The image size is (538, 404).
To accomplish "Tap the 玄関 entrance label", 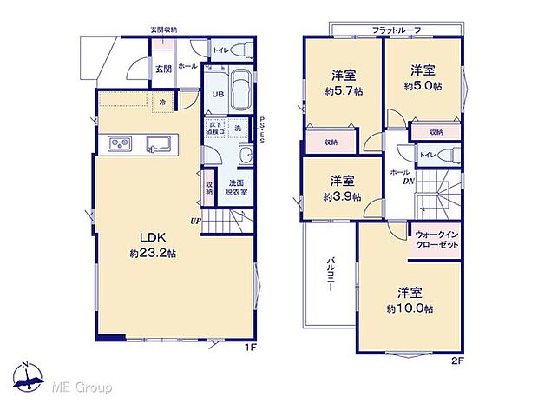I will pos(163,69).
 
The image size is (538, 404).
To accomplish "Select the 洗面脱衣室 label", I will pos(237,187).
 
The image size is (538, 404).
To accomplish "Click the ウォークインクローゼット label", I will pos(436,239).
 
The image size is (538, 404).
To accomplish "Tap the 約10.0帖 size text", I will pos(410,308).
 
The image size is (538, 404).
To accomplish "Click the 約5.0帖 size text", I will pos(423,87).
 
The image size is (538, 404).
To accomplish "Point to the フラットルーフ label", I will pos(397,30).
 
